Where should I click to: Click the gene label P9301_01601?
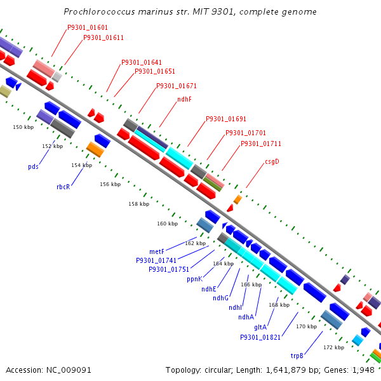(88, 27)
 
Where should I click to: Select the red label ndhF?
(184, 99)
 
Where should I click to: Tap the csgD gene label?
(272, 161)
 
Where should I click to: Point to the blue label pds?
(33, 166)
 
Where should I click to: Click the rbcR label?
(63, 187)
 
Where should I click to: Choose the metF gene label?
(157, 251)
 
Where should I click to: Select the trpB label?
(297, 356)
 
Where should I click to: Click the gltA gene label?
(260, 327)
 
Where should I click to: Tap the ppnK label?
(195, 279)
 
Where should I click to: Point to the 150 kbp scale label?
(23, 127)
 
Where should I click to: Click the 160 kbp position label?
(168, 224)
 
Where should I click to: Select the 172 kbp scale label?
(333, 347)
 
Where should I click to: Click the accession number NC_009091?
(69, 370)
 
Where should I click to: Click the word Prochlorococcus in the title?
(99, 11)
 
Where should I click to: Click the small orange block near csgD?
(238, 199)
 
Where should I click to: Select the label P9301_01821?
(260, 337)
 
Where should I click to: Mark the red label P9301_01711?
(261, 144)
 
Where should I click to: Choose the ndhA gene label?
(246, 317)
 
